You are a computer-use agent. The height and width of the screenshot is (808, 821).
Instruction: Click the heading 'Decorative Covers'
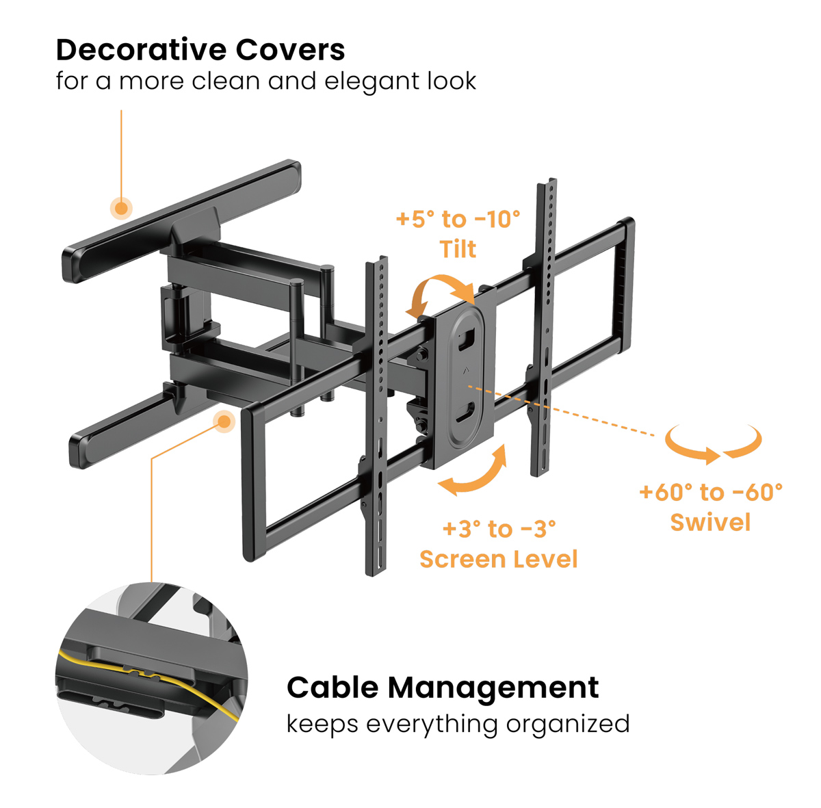tap(200, 50)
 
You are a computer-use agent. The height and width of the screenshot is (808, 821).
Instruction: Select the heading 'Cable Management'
tap(443, 688)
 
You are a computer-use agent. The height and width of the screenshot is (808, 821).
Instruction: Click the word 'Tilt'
tap(458, 249)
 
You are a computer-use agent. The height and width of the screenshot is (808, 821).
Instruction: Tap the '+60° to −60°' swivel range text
tap(710, 492)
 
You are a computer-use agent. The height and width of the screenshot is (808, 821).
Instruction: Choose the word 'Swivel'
tap(710, 523)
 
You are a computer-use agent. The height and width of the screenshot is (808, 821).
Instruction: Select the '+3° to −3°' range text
tap(499, 529)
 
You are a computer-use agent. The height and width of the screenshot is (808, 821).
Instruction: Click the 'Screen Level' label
tap(499, 559)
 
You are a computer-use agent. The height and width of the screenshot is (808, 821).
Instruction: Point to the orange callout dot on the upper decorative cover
tap(122, 208)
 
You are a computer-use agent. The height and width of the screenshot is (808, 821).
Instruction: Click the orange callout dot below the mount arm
tap(224, 421)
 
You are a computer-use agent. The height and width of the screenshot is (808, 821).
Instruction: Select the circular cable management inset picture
tap(151, 678)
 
